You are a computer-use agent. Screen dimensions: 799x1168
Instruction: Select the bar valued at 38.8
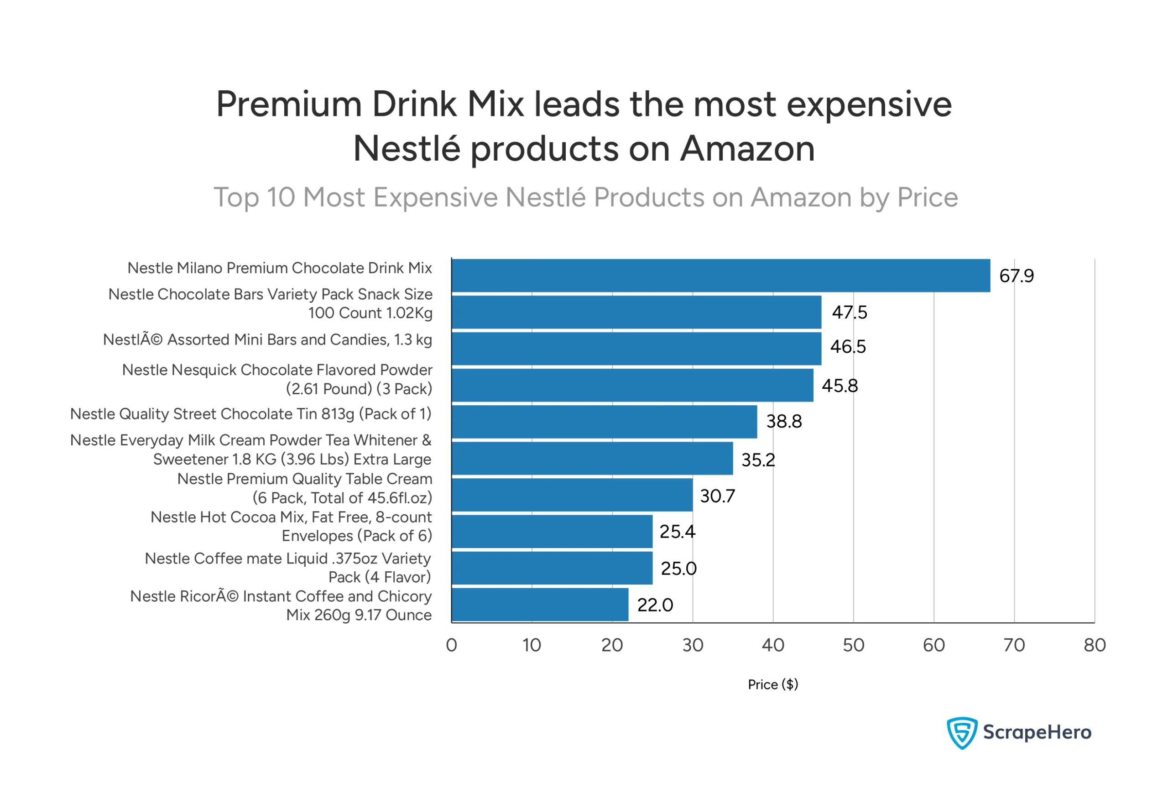click(604, 422)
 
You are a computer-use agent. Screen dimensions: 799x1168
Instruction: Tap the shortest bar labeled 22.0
click(540, 605)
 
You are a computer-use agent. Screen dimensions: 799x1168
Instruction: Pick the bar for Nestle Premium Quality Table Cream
click(572, 495)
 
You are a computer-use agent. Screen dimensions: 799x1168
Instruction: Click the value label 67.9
click(1016, 276)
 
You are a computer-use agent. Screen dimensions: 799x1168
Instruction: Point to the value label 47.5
click(850, 313)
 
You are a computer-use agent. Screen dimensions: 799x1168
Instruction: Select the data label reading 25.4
click(677, 532)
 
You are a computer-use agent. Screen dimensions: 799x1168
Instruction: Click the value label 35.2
click(758, 460)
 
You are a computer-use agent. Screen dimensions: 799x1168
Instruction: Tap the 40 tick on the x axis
click(773, 645)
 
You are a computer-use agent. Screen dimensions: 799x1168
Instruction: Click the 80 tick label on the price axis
click(1094, 645)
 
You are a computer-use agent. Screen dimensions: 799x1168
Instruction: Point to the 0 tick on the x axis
click(451, 645)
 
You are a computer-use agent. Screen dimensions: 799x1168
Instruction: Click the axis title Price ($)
click(772, 684)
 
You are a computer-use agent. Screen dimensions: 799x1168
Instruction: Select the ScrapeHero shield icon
click(961, 733)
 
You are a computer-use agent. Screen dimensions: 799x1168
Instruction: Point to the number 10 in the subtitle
click(281, 197)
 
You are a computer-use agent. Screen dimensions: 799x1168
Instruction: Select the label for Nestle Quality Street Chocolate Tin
click(251, 413)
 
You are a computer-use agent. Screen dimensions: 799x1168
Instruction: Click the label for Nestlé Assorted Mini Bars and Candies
click(267, 339)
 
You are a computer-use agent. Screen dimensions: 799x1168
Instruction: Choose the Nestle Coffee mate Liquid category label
click(288, 567)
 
